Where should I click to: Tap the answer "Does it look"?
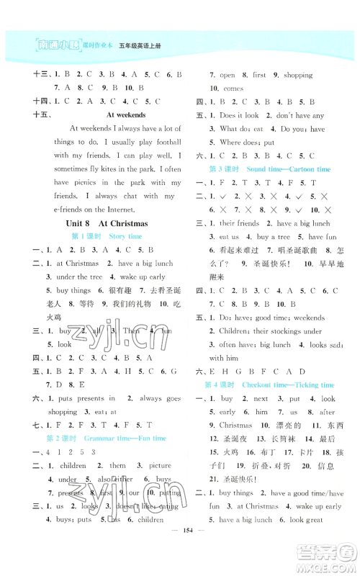click(239, 115)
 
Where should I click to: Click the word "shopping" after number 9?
click(297, 74)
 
